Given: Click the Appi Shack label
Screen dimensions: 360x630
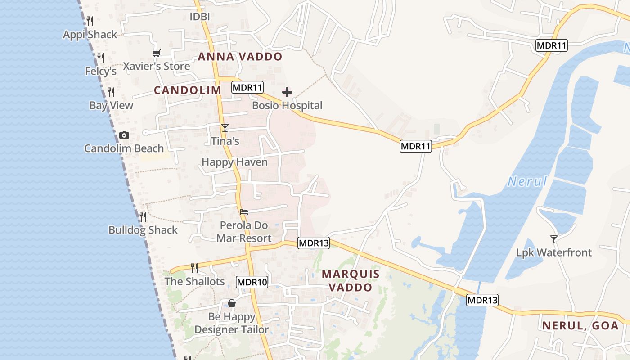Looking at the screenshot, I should click(90, 35).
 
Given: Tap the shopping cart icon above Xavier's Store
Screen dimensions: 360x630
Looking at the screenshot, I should click(156, 54).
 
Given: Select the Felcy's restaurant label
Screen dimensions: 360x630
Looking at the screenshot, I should click(101, 71).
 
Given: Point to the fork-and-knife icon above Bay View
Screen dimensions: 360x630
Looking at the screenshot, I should click(111, 92).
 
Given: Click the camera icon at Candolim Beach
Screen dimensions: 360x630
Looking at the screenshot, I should click(124, 135).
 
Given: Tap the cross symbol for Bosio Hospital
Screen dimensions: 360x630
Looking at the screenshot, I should click(287, 93).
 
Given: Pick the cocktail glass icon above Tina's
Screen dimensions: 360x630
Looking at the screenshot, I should click(225, 128).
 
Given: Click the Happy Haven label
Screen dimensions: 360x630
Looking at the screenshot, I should click(234, 162).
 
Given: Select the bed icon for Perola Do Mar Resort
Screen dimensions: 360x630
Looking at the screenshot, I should click(244, 211).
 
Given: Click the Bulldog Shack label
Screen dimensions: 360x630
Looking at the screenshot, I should click(143, 230).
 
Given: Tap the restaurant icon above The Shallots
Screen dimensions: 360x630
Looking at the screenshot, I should click(194, 268).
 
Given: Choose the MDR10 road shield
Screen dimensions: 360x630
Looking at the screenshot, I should click(252, 283).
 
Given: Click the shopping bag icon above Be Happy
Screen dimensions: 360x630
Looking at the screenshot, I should click(232, 303).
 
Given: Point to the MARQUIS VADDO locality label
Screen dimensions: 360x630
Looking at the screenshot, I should click(351, 280).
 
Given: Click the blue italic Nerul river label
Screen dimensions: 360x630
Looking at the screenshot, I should click(527, 182).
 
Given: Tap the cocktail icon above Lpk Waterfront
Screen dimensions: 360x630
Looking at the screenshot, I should click(554, 239).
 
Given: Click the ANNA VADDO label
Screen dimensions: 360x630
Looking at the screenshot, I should click(240, 57).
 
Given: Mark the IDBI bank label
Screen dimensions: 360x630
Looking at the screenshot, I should click(200, 17).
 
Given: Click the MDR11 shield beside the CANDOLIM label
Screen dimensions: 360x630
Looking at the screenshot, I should click(247, 87).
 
